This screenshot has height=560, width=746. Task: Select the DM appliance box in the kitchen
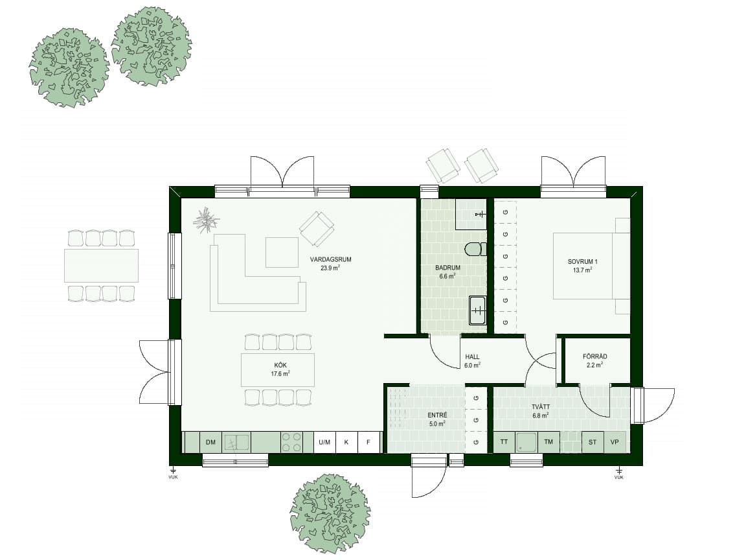point(210,443)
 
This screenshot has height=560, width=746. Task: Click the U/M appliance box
point(324,443)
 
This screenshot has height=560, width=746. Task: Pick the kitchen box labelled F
point(368,443)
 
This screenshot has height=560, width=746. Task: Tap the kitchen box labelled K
point(346,443)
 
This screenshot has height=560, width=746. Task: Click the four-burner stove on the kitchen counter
point(292,442)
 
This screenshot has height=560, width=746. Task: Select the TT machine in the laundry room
point(504,443)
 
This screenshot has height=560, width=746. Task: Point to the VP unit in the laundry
point(615,443)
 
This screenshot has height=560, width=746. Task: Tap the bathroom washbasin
point(477,310)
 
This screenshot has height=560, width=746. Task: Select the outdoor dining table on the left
point(102,266)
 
